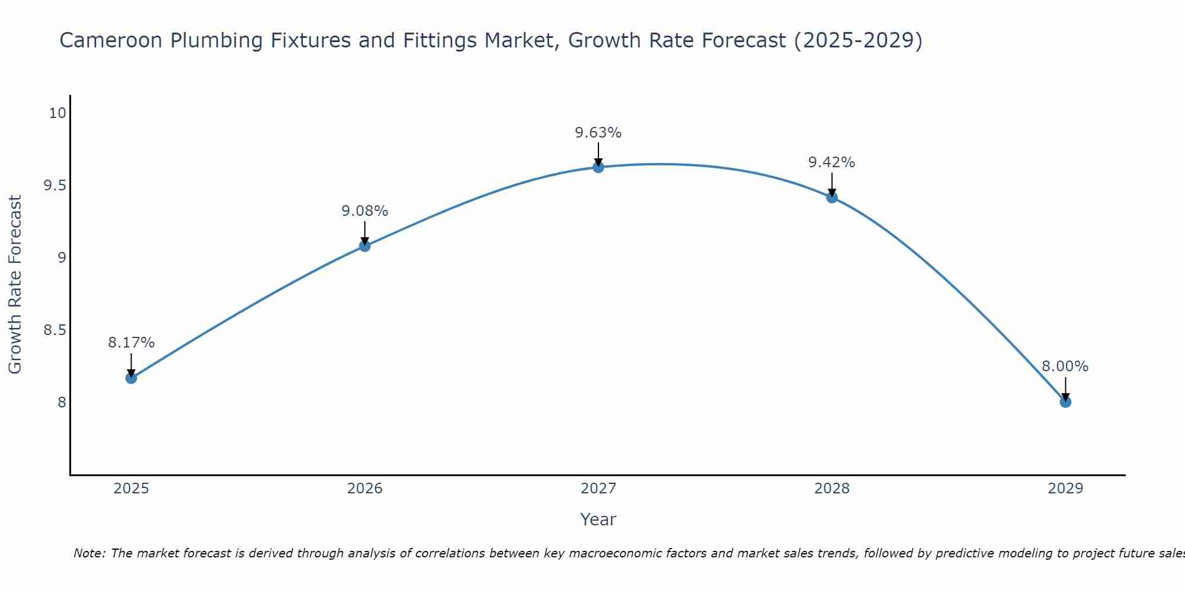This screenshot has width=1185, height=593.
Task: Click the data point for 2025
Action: coord(131,378)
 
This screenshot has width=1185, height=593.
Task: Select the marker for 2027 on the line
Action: coord(598,167)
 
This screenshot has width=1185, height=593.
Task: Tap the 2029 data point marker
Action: coord(1065,402)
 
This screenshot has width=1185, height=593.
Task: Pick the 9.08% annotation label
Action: coord(364,211)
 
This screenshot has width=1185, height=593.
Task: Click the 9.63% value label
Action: coord(598,133)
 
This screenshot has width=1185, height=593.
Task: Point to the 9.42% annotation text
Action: coord(831,162)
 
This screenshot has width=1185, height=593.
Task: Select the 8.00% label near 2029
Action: coord(1065,366)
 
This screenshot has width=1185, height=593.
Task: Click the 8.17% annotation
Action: coord(131,343)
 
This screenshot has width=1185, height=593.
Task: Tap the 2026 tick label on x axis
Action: coord(364,489)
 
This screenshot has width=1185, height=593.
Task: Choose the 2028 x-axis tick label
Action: coord(831,489)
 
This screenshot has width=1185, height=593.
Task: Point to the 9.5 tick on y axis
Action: coord(54,186)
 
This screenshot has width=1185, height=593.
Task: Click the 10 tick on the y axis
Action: coord(57,113)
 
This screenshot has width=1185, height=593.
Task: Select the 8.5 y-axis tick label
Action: coord(54,330)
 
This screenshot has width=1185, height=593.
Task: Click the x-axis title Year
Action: coord(598,519)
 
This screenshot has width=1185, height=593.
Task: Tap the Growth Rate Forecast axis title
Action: coord(15,285)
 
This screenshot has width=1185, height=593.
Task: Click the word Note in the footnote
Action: coord(89,553)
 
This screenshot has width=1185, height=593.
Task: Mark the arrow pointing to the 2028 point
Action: coord(831,185)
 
